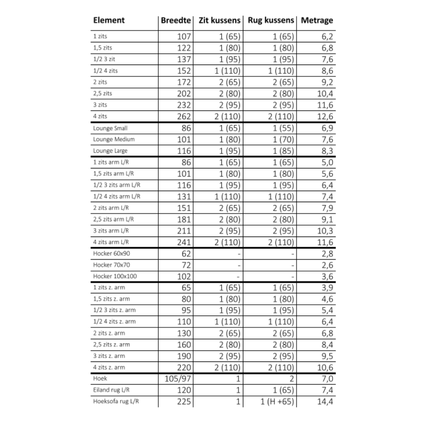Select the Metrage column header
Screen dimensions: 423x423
(317, 20)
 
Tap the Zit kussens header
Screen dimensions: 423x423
(217, 20)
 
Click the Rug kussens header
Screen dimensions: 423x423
(271, 20)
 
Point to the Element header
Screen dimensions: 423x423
(109, 20)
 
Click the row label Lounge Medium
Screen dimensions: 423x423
(114, 140)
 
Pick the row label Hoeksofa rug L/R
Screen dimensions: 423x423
(116, 401)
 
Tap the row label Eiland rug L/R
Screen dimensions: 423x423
(112, 390)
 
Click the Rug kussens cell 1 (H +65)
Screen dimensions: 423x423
(277, 401)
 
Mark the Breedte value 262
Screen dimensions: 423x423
(184, 117)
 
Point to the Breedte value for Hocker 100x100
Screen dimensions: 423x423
(184, 276)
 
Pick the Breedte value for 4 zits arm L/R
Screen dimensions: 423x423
(184, 242)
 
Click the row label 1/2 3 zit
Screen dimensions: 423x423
(104, 60)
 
